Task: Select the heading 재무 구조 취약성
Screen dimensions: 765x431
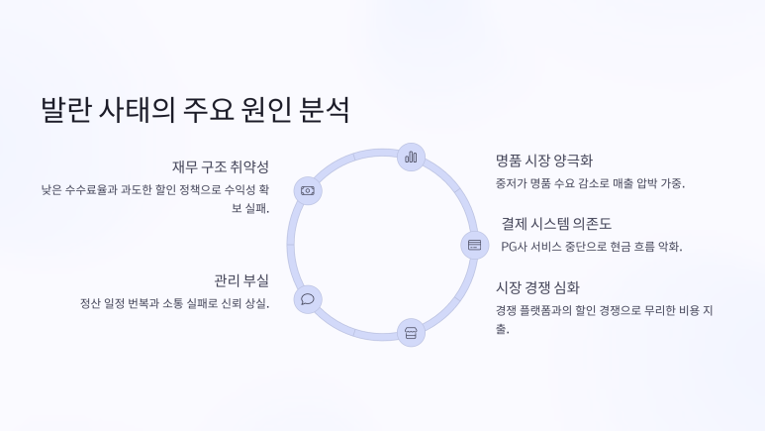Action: [220, 165]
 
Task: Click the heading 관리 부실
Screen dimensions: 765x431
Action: [241, 280]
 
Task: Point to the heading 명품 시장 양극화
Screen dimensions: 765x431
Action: [544, 161]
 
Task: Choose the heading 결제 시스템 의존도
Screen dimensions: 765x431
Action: [556, 223]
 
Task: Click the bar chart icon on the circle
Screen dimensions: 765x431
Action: [411, 157]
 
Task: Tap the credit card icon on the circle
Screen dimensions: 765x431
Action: [474, 245]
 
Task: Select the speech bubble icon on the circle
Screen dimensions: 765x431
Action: [308, 299]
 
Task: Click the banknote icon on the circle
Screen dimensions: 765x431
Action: [308, 190]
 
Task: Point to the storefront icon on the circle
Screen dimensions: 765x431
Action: [411, 333]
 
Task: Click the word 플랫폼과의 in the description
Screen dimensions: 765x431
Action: [557, 310]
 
